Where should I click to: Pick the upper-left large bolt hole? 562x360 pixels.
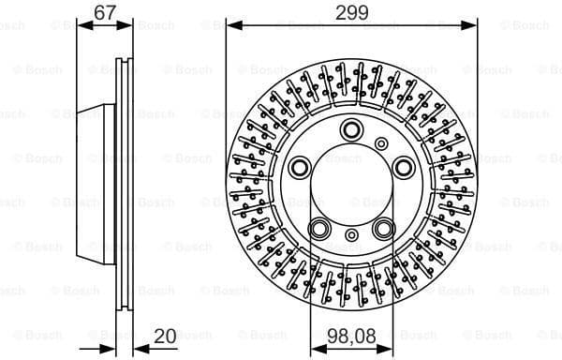pyautogui.click(x=301, y=167)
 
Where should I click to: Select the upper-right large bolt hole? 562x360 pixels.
pyautogui.click(x=404, y=167)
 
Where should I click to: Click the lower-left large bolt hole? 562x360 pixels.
pyautogui.click(x=320, y=228)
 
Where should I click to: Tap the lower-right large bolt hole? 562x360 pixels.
pyautogui.click(x=384, y=228)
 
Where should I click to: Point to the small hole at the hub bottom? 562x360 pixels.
pyautogui.click(x=352, y=237)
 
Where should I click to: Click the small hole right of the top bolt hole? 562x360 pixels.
pyautogui.click(x=382, y=142)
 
